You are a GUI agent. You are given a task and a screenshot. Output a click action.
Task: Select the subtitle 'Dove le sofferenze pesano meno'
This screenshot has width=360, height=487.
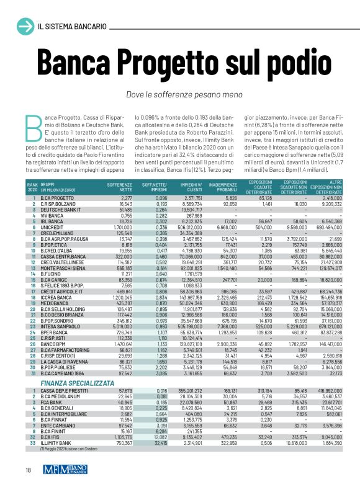(x=179, y=94)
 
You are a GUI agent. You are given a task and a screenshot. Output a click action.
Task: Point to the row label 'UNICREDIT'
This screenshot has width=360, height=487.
(x=54, y=211)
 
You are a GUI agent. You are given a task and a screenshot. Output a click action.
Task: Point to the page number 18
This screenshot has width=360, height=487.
(x=29, y=469)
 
